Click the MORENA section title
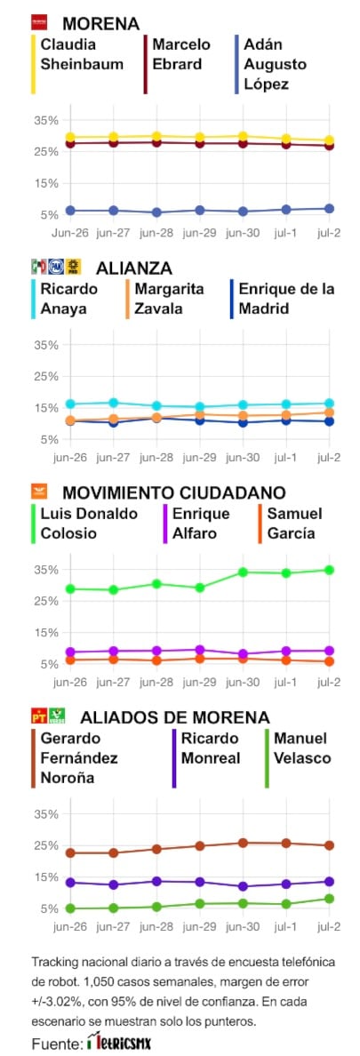100,23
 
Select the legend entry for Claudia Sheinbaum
69,54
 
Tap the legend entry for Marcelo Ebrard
181,54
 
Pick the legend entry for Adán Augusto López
275,64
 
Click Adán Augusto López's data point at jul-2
329,209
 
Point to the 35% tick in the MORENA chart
46,120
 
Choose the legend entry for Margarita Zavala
170,299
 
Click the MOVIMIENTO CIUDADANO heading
173,492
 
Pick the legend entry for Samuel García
294,524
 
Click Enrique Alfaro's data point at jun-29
200,650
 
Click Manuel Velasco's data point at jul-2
329,899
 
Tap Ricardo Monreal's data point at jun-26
70,883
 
